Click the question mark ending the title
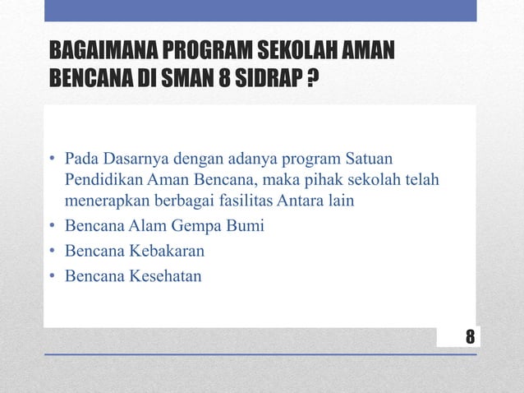[x=314, y=83]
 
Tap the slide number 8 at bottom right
[x=469, y=336]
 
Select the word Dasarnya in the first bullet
[x=131, y=157]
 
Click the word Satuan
[x=370, y=157]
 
